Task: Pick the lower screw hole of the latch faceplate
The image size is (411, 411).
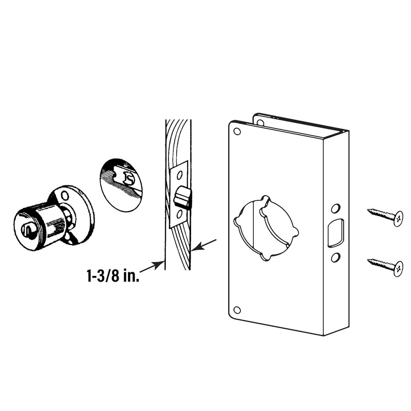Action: tap(178, 214)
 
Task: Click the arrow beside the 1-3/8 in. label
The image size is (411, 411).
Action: tap(153, 266)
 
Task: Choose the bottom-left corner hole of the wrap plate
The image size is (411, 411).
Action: tap(236, 310)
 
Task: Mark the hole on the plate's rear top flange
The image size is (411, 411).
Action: tap(260, 122)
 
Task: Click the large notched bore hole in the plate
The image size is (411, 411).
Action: tap(266, 228)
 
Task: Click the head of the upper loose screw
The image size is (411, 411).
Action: tap(397, 218)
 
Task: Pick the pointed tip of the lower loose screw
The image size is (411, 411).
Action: tap(369, 261)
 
